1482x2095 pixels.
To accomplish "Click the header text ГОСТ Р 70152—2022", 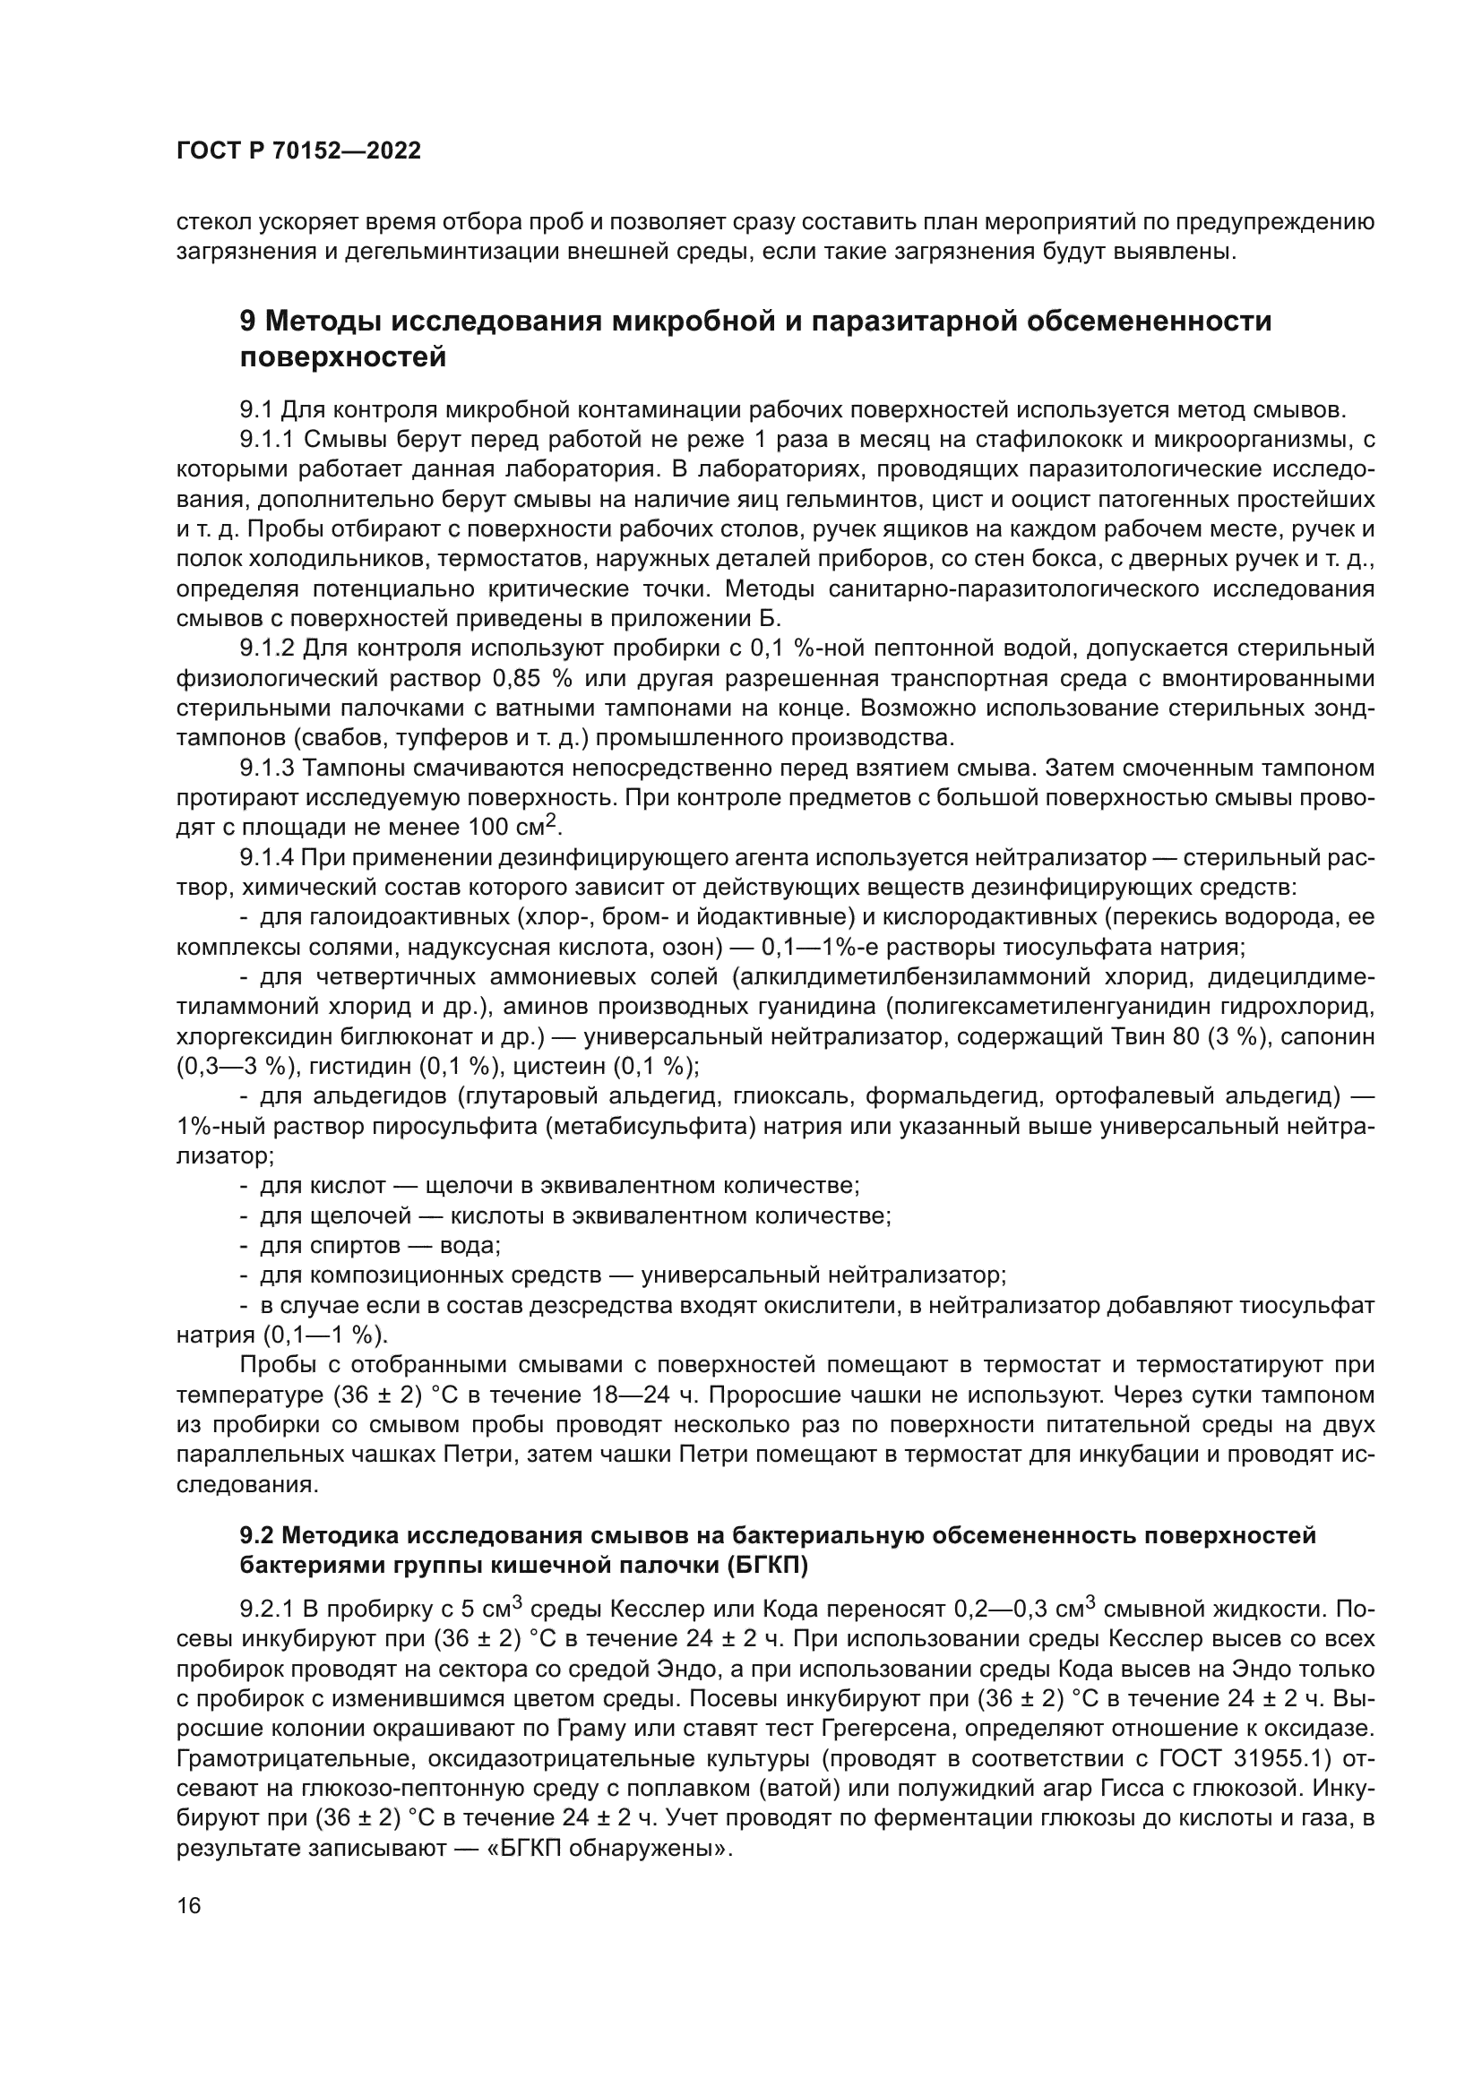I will click(298, 151).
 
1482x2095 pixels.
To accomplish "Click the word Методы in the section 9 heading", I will click(324, 322).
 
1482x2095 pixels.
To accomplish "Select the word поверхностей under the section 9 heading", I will click(342, 357).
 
